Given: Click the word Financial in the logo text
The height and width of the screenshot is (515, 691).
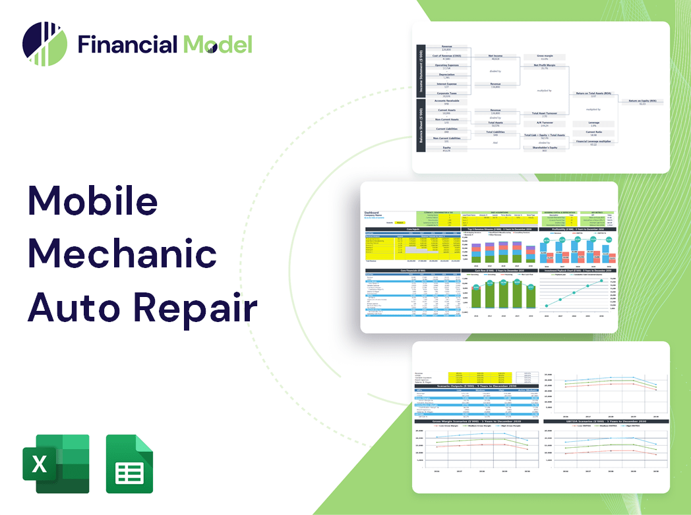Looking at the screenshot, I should tap(127, 44).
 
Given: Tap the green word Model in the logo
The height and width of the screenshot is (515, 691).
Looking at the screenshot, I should tap(218, 44).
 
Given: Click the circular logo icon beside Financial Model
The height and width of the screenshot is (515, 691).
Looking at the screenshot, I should tap(45, 44).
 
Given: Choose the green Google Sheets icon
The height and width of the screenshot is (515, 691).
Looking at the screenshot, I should tap(130, 463).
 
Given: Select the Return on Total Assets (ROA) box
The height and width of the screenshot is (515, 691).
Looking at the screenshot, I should tap(593, 94).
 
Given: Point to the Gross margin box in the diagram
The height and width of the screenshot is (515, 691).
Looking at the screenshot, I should tap(544, 57).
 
